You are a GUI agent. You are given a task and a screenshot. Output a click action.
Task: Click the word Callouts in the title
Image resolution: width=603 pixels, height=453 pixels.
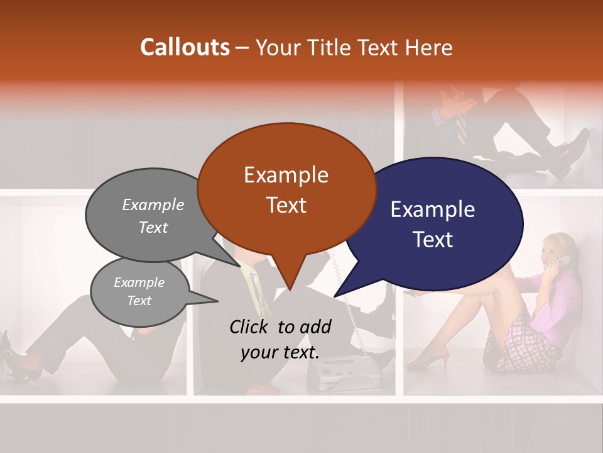(x=185, y=47)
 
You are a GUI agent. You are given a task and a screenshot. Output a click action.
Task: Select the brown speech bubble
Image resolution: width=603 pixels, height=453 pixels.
(x=286, y=189)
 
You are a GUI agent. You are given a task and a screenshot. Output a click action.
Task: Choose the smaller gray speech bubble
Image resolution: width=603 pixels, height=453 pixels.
(x=139, y=291)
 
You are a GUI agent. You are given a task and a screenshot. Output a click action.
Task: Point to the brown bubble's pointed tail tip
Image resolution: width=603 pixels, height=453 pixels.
(x=290, y=290)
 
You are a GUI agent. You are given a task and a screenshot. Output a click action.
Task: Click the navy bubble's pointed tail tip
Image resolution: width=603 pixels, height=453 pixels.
(x=335, y=296)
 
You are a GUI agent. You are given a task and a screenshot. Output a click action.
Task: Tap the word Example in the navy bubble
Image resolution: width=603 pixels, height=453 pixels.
(x=432, y=210)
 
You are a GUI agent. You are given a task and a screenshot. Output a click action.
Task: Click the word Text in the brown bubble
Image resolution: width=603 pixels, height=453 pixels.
(x=286, y=205)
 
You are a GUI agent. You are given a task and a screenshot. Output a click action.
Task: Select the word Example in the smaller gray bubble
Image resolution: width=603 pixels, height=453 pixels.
(x=139, y=282)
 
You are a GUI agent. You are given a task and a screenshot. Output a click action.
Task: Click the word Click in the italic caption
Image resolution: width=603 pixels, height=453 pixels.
(x=249, y=327)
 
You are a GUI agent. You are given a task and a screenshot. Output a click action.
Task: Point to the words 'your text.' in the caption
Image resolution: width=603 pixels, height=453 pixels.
(x=280, y=352)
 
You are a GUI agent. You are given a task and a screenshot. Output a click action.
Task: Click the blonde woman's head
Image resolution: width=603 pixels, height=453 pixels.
(x=557, y=249)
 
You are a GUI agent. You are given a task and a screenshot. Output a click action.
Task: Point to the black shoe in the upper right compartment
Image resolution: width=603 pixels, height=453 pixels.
(x=568, y=154)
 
